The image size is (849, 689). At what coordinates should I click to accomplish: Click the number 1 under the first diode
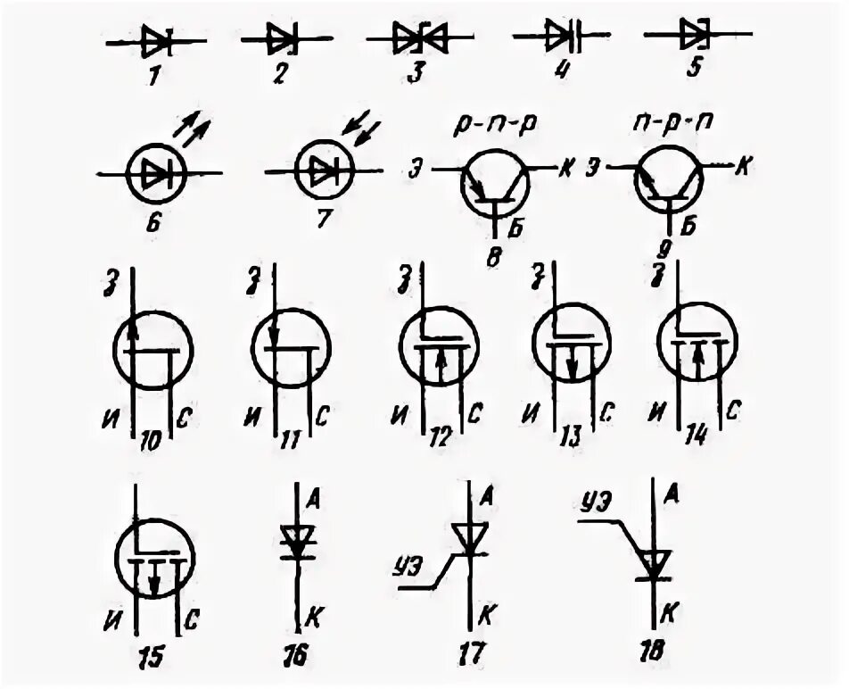[153, 77]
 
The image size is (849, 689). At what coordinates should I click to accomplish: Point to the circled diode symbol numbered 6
[154, 172]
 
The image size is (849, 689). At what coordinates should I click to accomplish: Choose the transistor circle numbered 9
[669, 183]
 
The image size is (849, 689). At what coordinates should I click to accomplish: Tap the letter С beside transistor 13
[607, 412]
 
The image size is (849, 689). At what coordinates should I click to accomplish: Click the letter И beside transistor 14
[657, 413]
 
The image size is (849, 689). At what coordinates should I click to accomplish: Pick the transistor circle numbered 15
[153, 558]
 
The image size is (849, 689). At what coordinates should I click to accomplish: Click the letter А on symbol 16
[313, 497]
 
